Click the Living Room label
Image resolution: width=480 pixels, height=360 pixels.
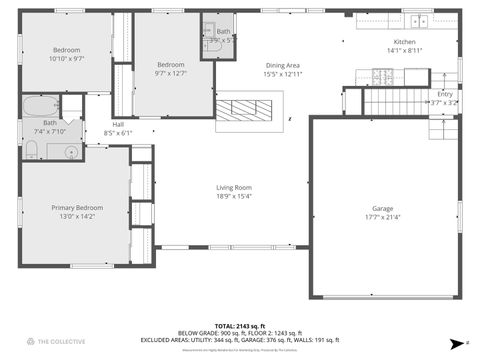tap(234, 187)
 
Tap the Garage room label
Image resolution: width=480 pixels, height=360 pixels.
tap(383, 208)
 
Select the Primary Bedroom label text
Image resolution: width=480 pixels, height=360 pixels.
tap(77, 207)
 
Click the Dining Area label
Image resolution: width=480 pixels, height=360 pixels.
tap(282, 65)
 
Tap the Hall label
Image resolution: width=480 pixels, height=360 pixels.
tap(118, 124)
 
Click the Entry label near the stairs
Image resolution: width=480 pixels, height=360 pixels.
tap(444, 94)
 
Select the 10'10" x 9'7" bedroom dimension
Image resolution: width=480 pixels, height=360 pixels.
tap(67, 58)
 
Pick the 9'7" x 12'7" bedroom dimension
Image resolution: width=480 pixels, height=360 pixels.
tap(171, 73)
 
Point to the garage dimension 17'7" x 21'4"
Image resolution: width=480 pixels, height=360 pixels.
tap(383, 216)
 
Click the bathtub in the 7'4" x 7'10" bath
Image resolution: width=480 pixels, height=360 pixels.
tap(41, 105)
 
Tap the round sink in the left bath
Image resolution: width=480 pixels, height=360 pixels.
tap(71, 152)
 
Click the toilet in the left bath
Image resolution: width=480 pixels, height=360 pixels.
tap(31, 151)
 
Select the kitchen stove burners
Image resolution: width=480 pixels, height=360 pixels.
tap(383, 75)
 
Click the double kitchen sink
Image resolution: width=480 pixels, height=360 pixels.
tap(418, 21)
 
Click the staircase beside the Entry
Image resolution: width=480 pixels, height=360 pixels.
tap(394, 100)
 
